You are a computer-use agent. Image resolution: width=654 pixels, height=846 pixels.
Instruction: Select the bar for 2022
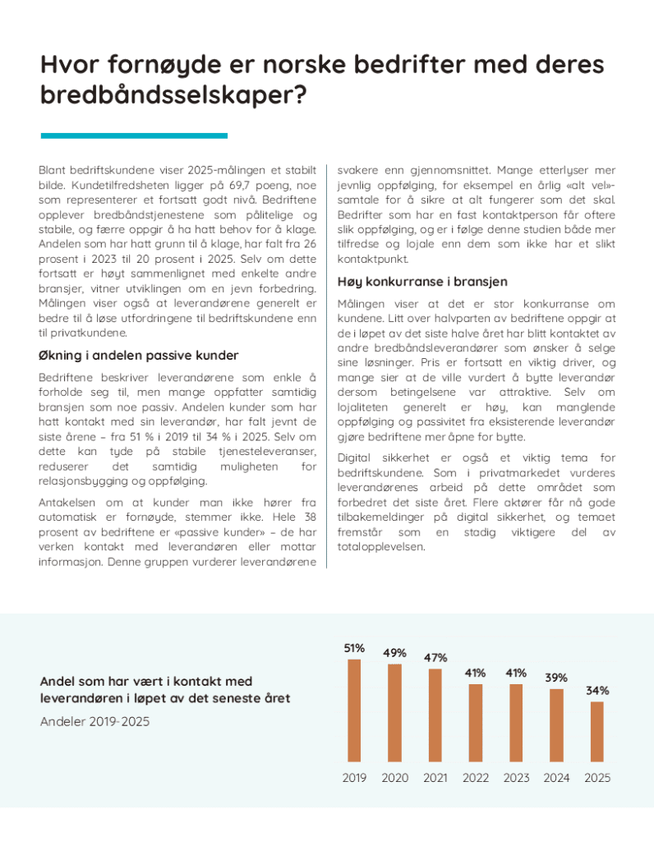(x=476, y=723)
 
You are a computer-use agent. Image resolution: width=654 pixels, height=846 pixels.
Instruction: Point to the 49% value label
(x=394, y=653)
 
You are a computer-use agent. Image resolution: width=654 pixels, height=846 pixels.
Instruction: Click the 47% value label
(x=435, y=658)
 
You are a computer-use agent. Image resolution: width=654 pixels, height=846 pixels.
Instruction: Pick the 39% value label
(x=556, y=678)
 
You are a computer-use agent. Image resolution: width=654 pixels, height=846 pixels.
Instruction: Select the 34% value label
(x=597, y=692)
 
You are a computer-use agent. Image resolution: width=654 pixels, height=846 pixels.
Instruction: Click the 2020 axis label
(x=394, y=778)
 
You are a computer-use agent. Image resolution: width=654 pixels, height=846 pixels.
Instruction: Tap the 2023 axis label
(x=516, y=778)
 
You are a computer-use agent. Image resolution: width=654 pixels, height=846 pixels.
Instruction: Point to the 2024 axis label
(x=556, y=778)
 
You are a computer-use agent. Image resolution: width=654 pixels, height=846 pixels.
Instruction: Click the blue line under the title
(x=134, y=136)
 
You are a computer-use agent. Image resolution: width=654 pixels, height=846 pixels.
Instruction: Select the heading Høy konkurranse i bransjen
(x=422, y=282)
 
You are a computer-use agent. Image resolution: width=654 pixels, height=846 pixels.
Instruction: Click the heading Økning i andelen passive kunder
(x=139, y=356)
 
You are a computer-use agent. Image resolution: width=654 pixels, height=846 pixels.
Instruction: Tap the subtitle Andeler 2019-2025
(x=94, y=721)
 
